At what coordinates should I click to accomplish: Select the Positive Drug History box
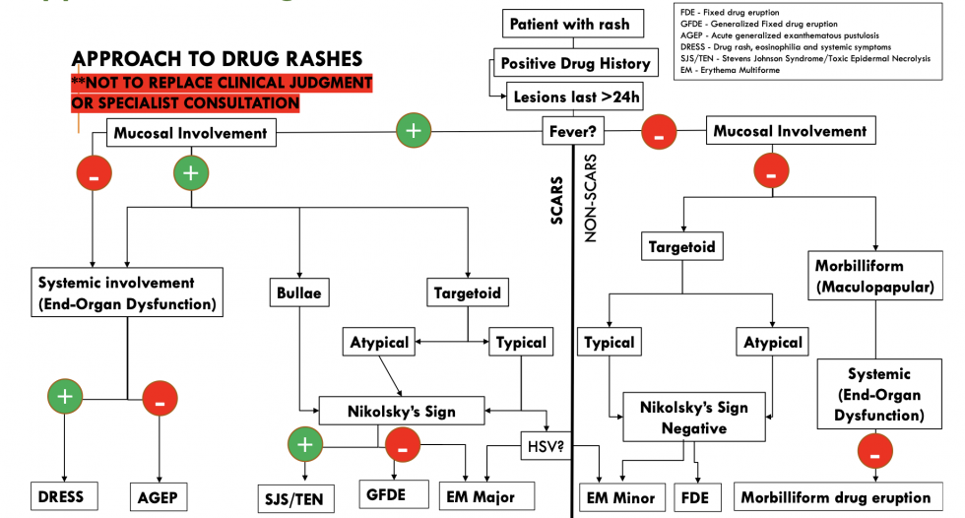point(575,63)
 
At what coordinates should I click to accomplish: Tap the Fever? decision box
point(575,131)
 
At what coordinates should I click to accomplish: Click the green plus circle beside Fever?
point(413,130)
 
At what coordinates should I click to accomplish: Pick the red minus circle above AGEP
point(160,399)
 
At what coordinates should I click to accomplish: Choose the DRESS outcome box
point(63,496)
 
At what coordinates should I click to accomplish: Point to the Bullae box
point(299,291)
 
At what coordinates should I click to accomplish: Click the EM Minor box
point(621,496)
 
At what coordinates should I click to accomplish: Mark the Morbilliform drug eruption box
point(834,496)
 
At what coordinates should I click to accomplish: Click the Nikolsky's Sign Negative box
point(694,418)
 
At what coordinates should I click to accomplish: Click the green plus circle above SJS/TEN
point(304,445)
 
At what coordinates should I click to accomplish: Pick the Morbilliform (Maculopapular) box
point(872,277)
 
